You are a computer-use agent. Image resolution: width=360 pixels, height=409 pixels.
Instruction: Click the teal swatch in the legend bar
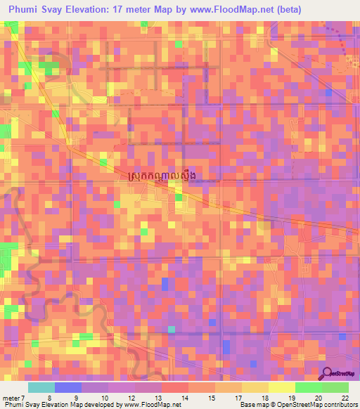point(41,388)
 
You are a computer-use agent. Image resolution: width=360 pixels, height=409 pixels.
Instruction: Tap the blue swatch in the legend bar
point(68,388)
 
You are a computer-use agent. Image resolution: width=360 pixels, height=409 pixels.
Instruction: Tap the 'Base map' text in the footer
point(255,405)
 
